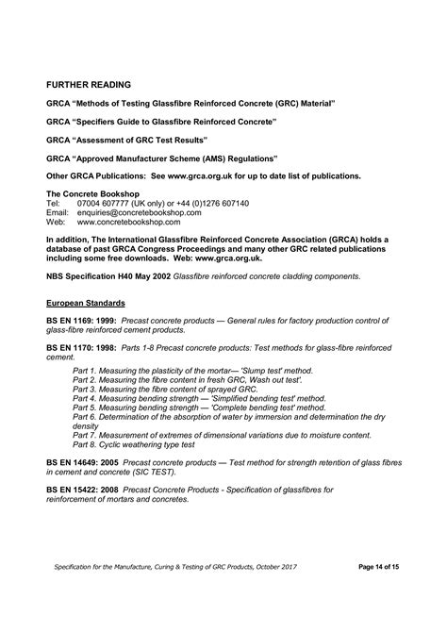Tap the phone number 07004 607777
tap(104, 203)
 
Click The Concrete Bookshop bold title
tap(91, 193)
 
